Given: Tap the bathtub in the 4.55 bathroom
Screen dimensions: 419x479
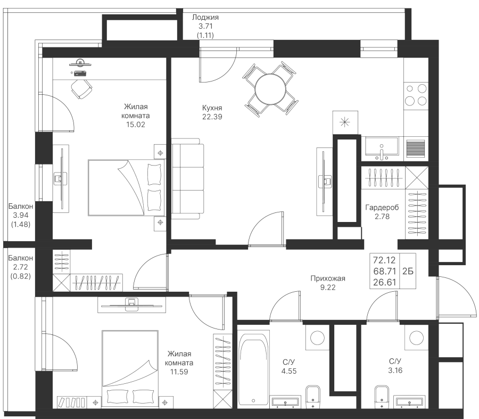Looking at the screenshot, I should click(254, 367).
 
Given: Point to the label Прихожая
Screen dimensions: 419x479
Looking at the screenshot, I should click(328, 278).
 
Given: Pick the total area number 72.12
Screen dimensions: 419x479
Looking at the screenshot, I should click(384, 260).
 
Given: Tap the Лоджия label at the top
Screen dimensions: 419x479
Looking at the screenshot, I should click(205, 18).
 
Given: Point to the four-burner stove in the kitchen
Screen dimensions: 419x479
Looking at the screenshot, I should click(416, 94).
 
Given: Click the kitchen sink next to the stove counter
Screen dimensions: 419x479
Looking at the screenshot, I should click(381, 147).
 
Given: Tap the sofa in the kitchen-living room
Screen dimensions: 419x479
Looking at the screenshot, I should click(187, 177).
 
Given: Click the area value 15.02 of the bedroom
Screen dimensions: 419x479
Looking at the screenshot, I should click(135, 125).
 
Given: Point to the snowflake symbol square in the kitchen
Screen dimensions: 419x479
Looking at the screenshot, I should click(345, 122).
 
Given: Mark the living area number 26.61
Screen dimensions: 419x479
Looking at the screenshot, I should click(384, 282).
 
